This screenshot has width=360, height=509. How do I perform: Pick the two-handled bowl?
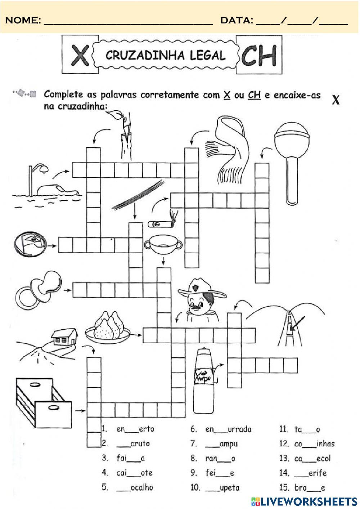163,245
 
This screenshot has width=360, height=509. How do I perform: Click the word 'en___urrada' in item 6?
228,429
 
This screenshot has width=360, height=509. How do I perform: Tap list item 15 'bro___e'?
310,488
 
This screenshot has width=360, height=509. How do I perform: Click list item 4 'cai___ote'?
134,473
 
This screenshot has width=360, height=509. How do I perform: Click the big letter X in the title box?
80,55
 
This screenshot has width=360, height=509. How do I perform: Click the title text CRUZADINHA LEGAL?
166,55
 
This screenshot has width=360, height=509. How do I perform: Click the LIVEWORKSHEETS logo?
304,501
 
